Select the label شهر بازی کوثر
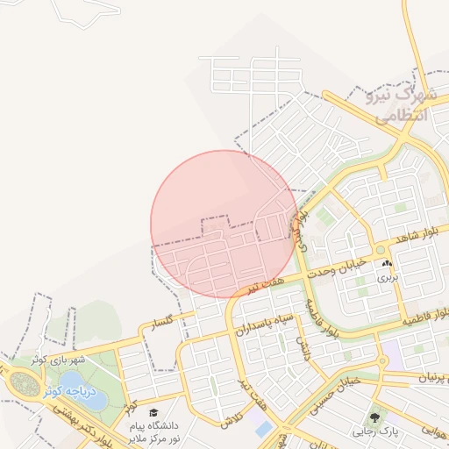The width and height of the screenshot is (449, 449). coord(59,360)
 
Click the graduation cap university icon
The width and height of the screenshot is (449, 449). coord(153,412)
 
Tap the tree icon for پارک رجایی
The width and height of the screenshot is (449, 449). coord(375,418)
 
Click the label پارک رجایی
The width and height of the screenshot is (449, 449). coord(375,431)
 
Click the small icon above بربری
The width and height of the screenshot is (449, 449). coord(388,263)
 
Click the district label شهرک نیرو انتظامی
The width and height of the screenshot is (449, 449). coord(394,103)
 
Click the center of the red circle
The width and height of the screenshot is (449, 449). coord(224,224)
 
